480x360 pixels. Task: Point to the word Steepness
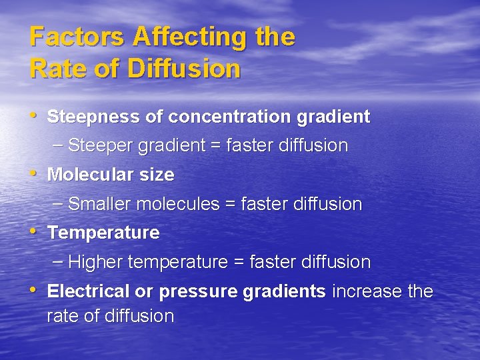(x=94, y=117)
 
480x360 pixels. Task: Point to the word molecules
(x=178, y=204)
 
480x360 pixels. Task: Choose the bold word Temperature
(x=103, y=233)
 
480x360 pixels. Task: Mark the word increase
(x=363, y=292)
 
